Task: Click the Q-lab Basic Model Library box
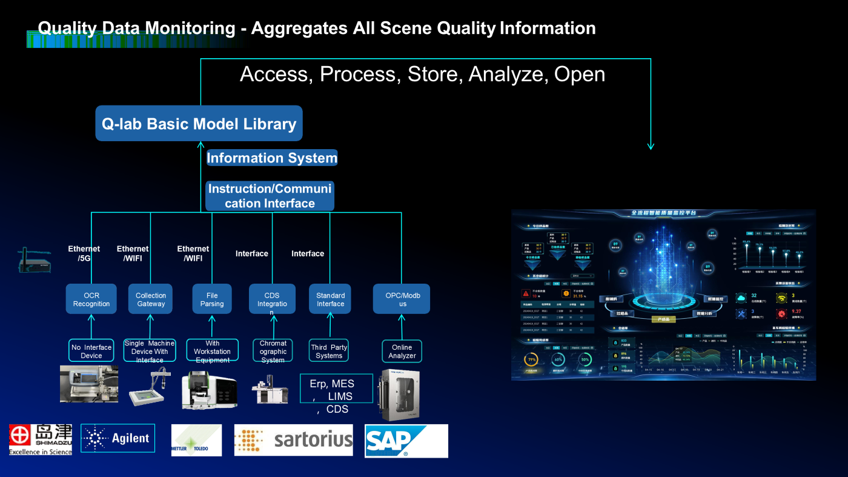tap(199, 124)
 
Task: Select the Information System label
tap(271, 158)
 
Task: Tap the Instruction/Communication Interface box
tap(270, 196)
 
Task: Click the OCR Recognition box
tap(91, 299)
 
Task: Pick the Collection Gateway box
tap(150, 299)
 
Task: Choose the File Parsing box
tap(212, 299)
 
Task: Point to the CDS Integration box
tap(272, 299)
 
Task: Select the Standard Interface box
tap(330, 299)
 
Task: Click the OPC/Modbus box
tap(401, 299)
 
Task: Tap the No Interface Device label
tap(91, 351)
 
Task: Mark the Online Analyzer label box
tap(402, 351)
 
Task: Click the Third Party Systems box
tap(329, 351)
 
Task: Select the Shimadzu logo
tap(41, 439)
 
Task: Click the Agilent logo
tap(118, 438)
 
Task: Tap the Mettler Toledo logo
tap(196, 440)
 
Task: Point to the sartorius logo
tap(294, 440)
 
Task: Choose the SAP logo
tap(406, 441)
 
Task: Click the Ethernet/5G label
tap(84, 253)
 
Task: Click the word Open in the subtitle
tap(580, 74)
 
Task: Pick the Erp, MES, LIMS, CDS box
tap(332, 396)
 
